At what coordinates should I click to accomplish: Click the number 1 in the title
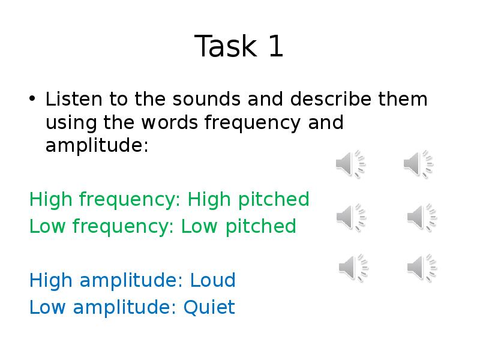pos(275,47)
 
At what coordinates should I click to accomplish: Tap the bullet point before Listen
pos(33,98)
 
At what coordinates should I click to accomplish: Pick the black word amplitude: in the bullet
pos(97,146)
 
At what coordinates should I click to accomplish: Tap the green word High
pos(50,199)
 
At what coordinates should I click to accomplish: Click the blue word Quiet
pos(209,307)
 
